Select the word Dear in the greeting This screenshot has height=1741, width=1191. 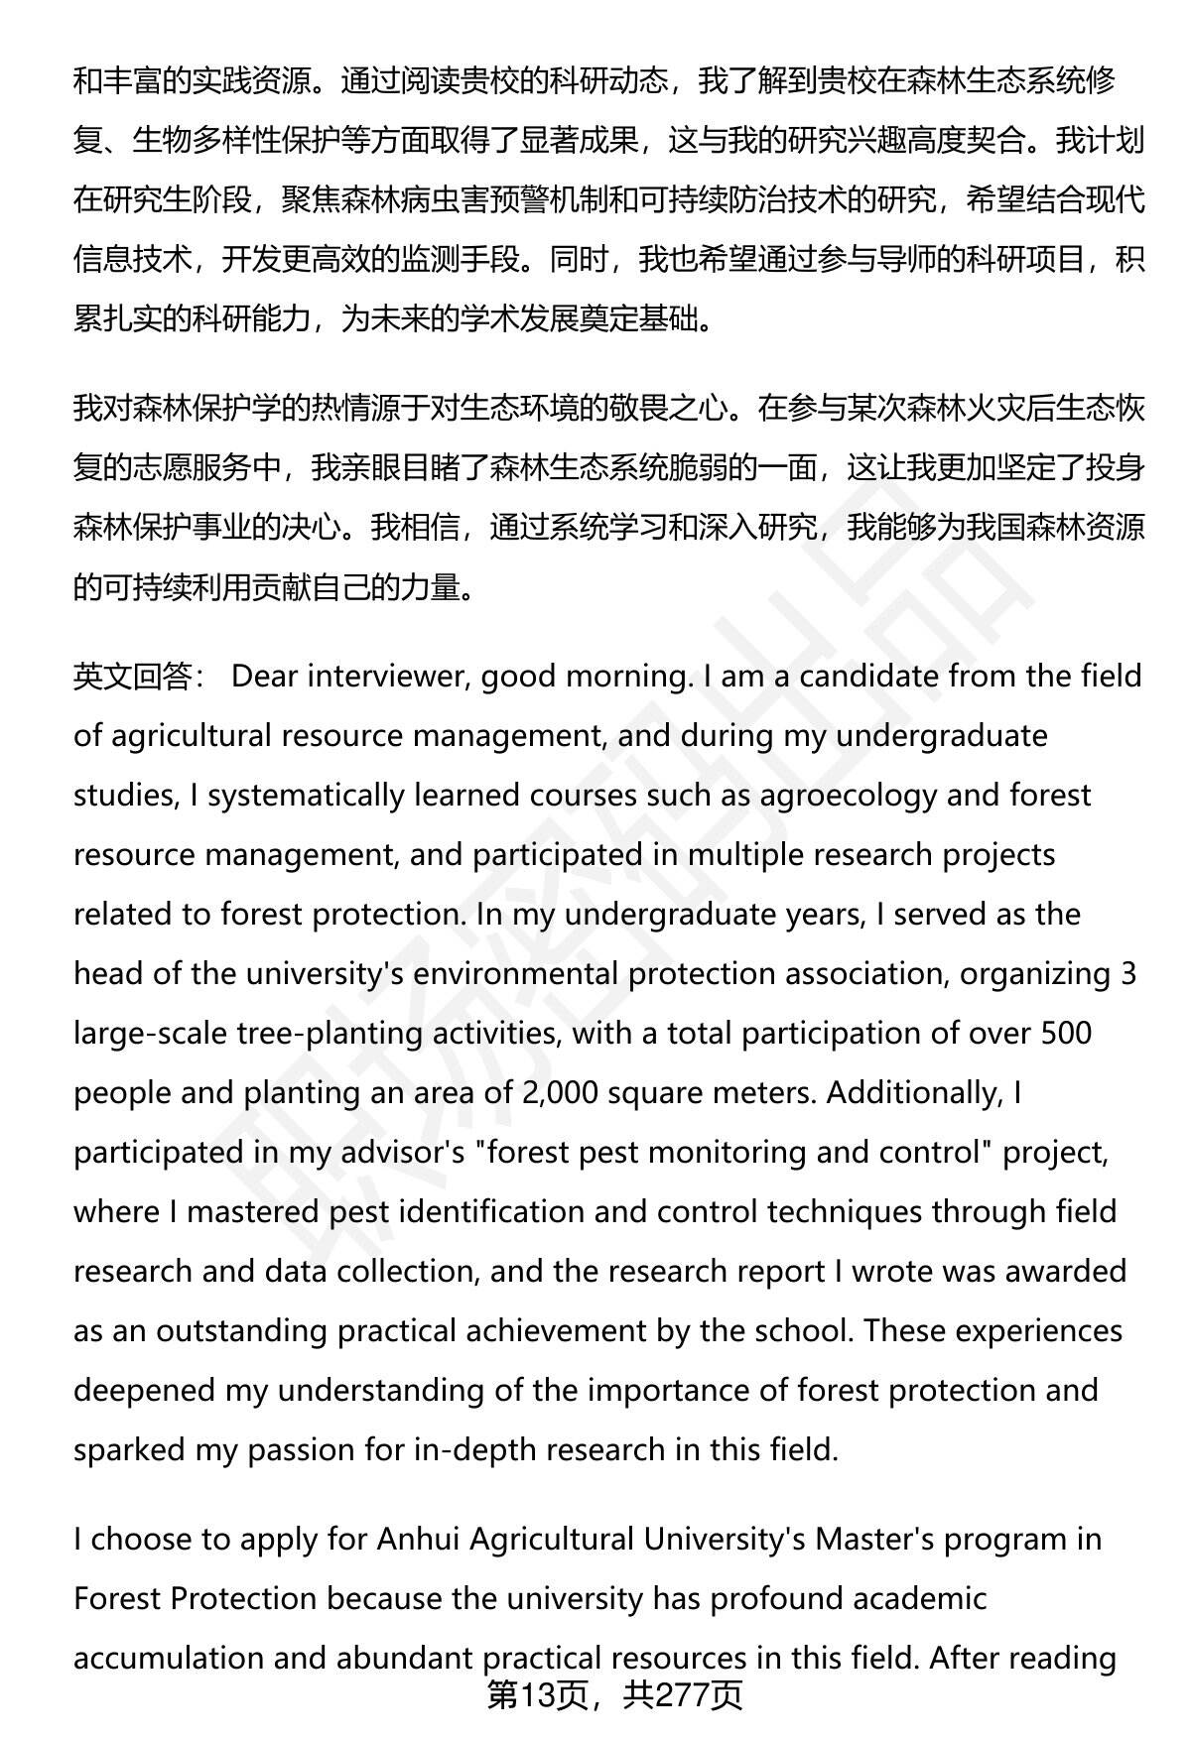[265, 677]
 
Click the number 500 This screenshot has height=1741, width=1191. [1065, 1034]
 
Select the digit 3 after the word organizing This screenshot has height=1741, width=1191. [1127, 974]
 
